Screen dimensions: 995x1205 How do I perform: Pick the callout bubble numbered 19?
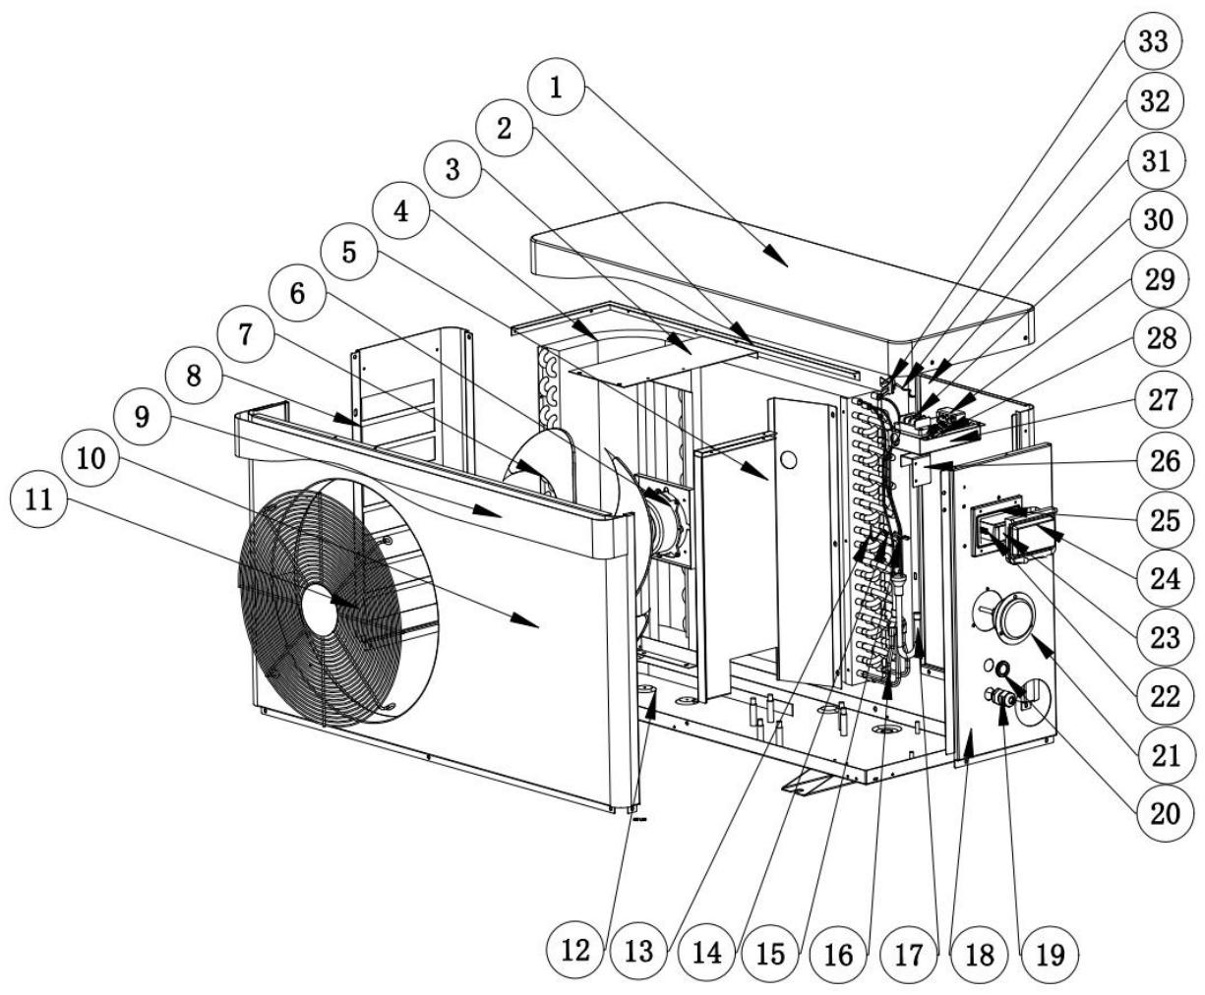pos(1049,952)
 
